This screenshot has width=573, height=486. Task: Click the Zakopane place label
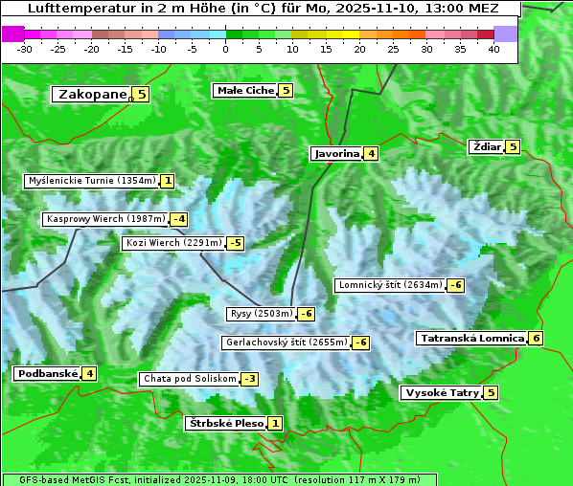coord(92,94)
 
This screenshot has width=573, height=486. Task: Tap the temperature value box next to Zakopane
coord(142,94)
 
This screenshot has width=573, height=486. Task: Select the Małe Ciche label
coord(245,90)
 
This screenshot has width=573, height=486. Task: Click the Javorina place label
coord(336,153)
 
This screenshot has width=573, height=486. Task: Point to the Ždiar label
coord(487,146)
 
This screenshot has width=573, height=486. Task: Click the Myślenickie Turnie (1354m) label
coord(91,180)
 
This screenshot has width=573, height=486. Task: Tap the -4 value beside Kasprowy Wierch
coord(179,219)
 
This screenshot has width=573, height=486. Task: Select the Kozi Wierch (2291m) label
coord(173,243)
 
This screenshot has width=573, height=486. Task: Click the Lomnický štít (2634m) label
coord(390,284)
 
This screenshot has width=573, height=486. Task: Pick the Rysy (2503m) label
coord(261,314)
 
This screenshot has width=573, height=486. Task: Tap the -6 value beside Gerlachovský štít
coord(361,342)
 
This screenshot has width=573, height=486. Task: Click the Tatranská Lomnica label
coord(471,338)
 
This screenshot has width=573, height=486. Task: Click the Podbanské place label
coord(46,373)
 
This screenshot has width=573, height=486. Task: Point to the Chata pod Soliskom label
coord(188,379)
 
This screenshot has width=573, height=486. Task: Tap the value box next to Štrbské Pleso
coord(275,423)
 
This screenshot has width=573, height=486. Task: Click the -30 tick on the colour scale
coord(25,48)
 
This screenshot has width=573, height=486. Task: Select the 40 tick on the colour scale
coord(493,48)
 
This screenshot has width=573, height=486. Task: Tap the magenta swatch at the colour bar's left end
coord(13,33)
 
